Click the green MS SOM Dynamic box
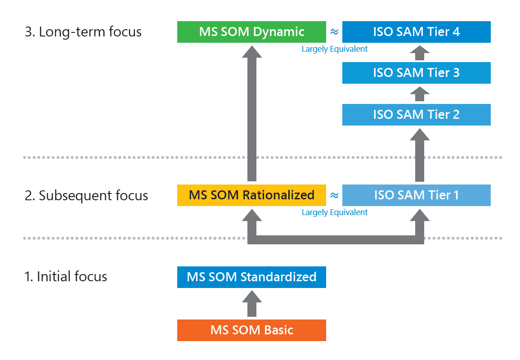251,32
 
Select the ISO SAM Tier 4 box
416,32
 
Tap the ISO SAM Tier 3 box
416,73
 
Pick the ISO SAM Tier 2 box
416,114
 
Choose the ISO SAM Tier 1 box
416,195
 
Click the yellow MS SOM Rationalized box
251,195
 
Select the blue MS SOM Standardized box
251,277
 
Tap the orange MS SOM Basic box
251,330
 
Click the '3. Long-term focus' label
83,32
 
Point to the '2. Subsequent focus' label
86,196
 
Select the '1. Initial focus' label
66,276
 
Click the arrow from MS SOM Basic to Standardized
251,304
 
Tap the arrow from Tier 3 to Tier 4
419,53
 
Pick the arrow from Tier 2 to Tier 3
419,94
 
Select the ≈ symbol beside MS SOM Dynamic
334,32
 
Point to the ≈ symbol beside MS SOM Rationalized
334,195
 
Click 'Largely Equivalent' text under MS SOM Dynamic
335,49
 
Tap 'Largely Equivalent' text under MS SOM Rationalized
335,212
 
